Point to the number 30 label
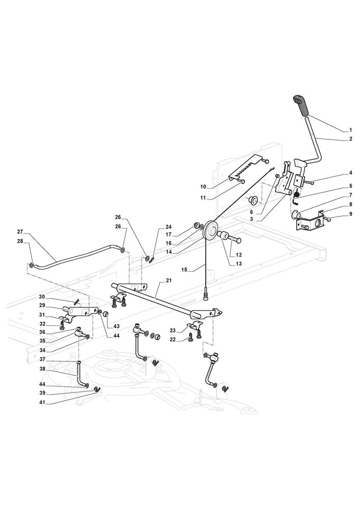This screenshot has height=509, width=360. click(x=42, y=297)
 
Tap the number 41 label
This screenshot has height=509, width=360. click(x=42, y=402)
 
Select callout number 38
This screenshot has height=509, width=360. click(x=42, y=369)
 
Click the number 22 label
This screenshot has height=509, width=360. click(x=173, y=340)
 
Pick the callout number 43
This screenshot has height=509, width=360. click(x=116, y=326)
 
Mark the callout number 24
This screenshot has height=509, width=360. click(x=169, y=227)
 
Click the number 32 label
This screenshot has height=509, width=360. click(x=42, y=323)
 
